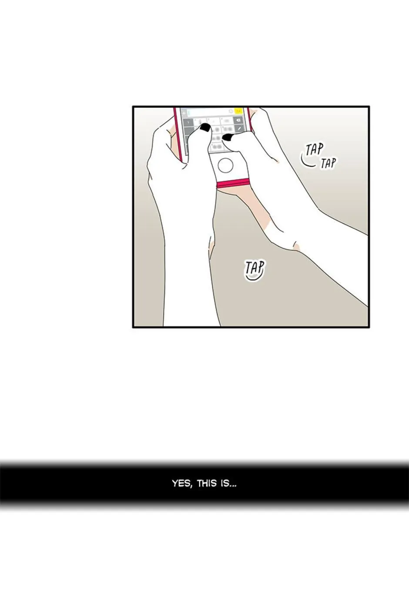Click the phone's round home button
pos(225,165)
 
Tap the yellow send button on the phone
pos(238,111)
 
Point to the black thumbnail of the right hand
pos(228,137)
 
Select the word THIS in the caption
pos(207,483)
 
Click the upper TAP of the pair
pos(315,150)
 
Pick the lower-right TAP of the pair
pos(328,163)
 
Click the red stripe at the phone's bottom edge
pos(233,184)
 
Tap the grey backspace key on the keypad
pos(238,121)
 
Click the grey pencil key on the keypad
pos(239,128)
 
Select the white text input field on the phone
pos(211,112)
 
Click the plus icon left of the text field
pos(184,113)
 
